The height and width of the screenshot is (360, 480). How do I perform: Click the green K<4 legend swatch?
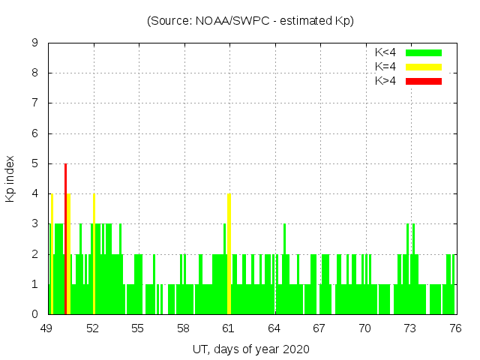coord(424,52)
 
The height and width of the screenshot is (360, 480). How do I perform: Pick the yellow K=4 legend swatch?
coord(424,67)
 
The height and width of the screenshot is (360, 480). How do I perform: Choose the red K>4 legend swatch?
coord(424,80)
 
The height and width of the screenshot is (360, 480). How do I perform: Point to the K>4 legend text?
coord(385,80)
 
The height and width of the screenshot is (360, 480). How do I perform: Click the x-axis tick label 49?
coord(47,328)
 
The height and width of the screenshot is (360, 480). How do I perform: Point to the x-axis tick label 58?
coord(183,328)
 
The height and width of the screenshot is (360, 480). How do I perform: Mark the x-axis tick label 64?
coord(274,328)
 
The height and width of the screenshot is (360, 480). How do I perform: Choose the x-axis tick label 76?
coord(454,328)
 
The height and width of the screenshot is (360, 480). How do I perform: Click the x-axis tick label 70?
coord(364,328)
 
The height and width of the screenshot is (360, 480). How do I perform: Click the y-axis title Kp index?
coord(11,178)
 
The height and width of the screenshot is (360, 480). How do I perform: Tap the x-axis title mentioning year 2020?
coord(250,349)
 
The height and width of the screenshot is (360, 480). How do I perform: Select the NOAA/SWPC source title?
coord(250,21)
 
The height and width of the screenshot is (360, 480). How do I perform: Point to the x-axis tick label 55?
coord(138,328)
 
